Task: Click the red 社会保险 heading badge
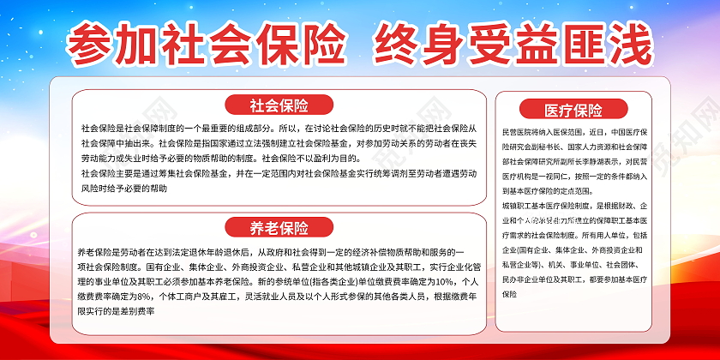[x=279, y=105]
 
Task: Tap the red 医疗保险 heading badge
[x=573, y=110]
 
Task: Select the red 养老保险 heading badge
[x=279, y=227]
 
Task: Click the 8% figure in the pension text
[x=141, y=295]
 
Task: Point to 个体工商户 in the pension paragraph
[x=184, y=295]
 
